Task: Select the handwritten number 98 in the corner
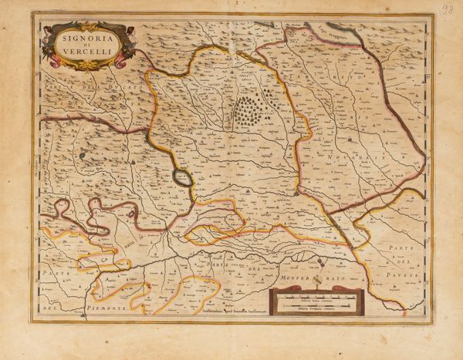point(447,9)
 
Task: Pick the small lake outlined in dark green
point(181,178)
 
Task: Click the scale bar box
point(316,302)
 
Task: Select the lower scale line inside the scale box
point(316,306)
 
